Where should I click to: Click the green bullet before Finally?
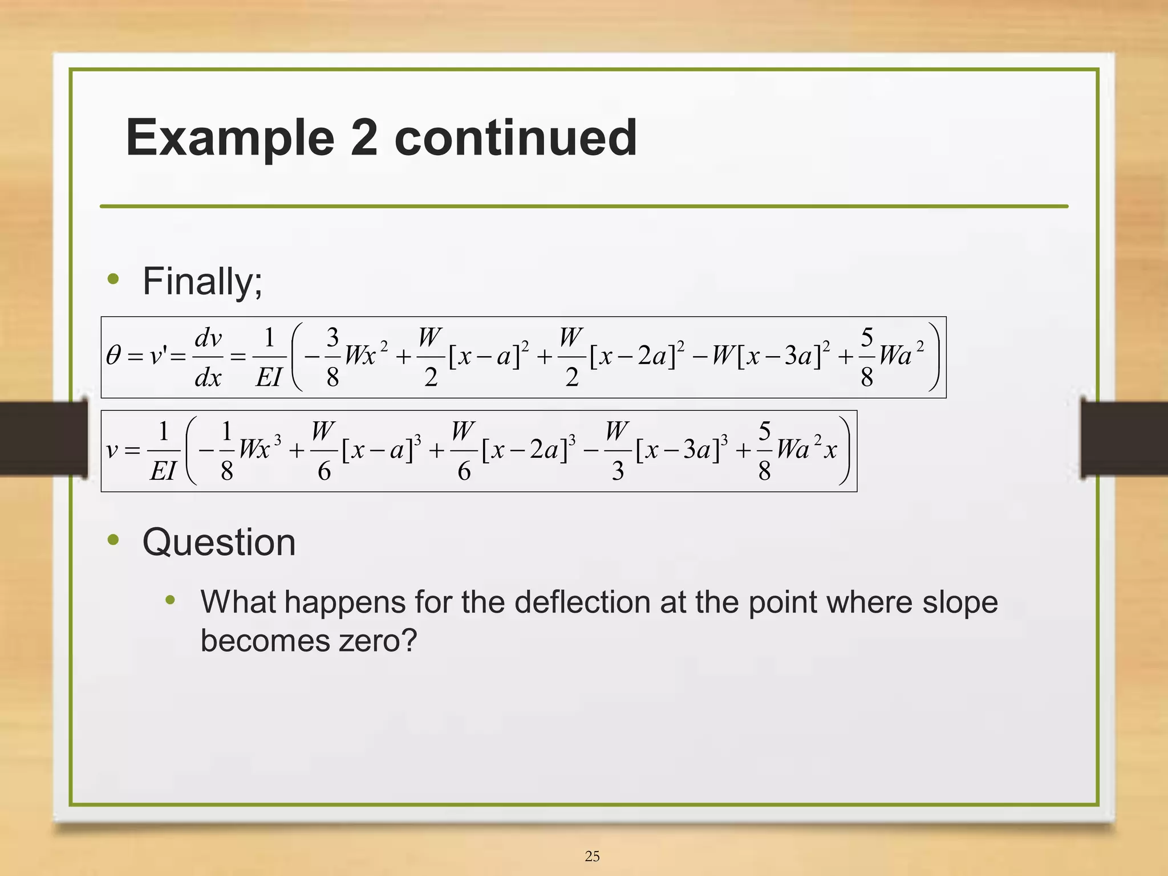click(x=113, y=279)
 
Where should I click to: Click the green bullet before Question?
click(x=113, y=539)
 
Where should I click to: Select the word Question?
click(x=219, y=542)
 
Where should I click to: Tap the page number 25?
click(x=592, y=856)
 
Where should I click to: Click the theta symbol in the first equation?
click(x=113, y=356)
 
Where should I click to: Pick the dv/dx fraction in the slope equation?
click(x=208, y=357)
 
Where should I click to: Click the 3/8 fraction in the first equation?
click(x=332, y=357)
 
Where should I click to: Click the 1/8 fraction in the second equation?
click(x=227, y=451)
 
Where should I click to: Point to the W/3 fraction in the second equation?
click(x=617, y=451)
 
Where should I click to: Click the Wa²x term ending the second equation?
click(x=806, y=449)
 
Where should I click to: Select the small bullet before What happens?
click(x=170, y=600)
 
